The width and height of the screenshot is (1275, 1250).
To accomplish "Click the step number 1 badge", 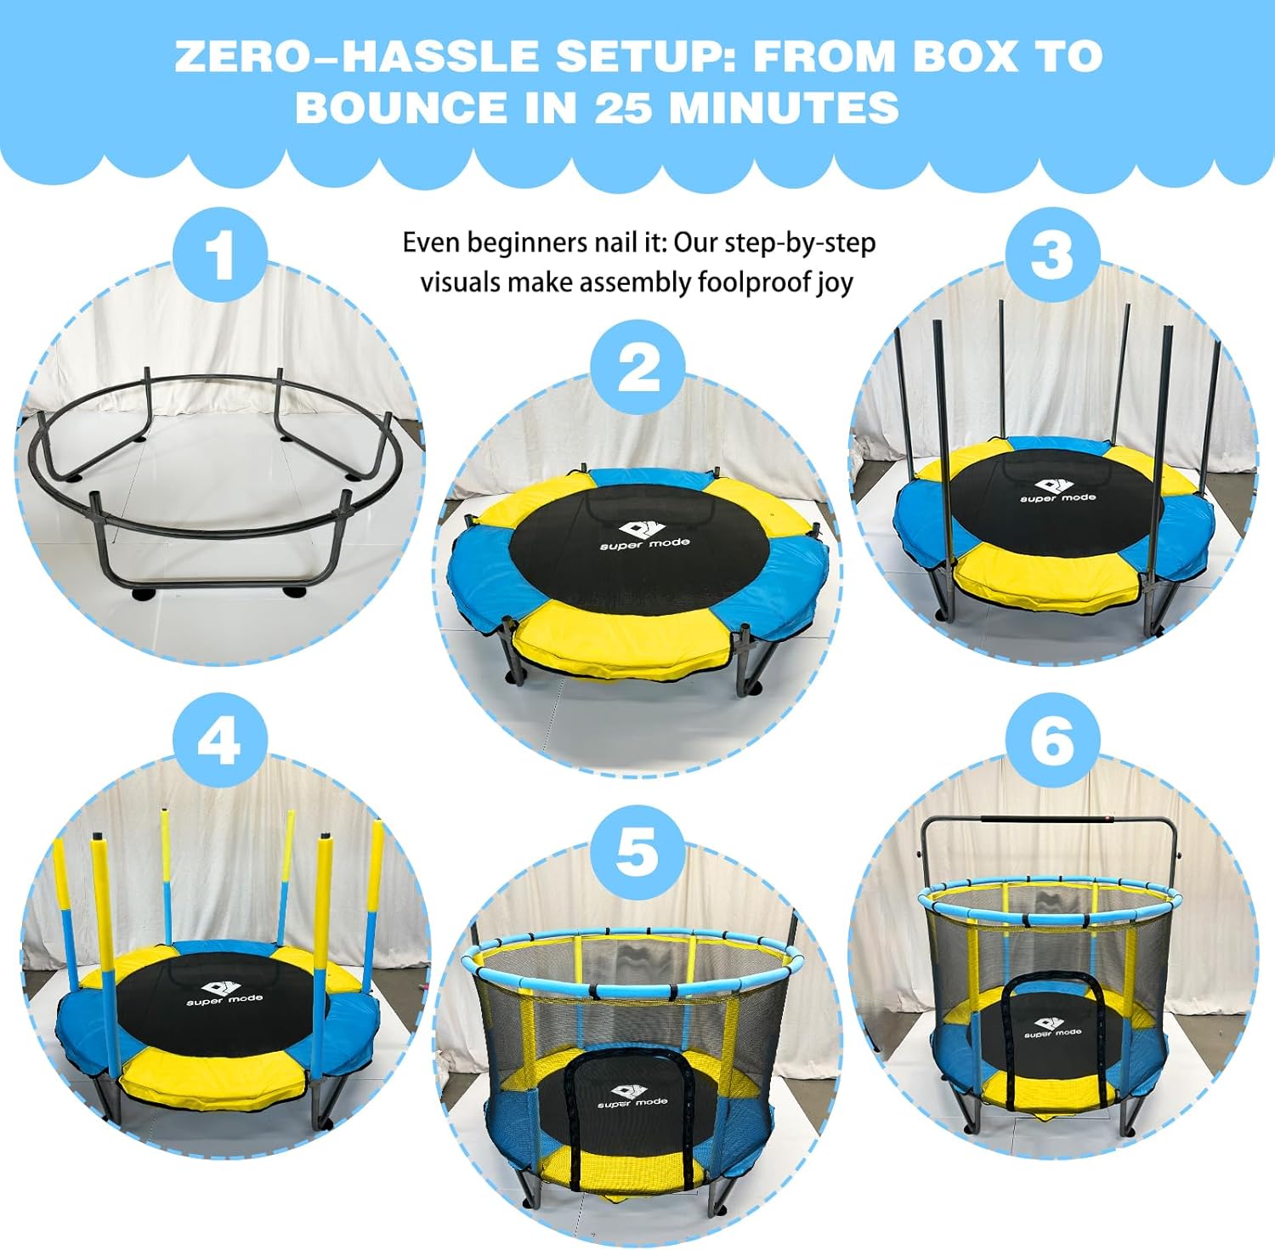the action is click(x=219, y=254).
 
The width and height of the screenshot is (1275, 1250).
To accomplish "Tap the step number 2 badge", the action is click(x=637, y=367).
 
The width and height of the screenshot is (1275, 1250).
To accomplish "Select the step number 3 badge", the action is click(x=1052, y=254).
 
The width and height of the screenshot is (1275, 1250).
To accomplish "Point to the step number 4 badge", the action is click(x=219, y=739).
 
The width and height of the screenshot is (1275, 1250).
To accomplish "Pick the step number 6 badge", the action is click(x=1052, y=739).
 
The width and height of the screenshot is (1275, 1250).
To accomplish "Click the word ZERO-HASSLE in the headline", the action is click(x=357, y=56).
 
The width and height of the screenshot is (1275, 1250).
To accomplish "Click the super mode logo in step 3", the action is click(x=1058, y=488).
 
